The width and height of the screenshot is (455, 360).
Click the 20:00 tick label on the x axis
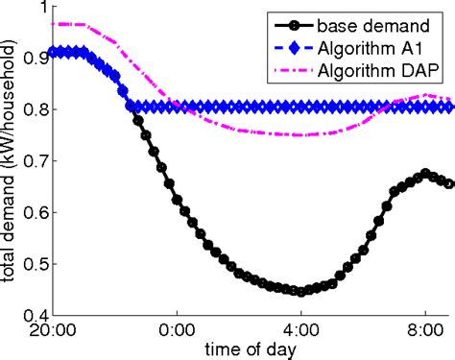pos(53,328)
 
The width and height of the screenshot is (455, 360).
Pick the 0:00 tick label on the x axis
pos(177,328)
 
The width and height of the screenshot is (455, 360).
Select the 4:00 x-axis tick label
pos(300,328)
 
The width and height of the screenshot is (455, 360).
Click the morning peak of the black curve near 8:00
pos(424,174)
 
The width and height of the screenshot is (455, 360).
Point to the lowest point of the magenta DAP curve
pos(301,135)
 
